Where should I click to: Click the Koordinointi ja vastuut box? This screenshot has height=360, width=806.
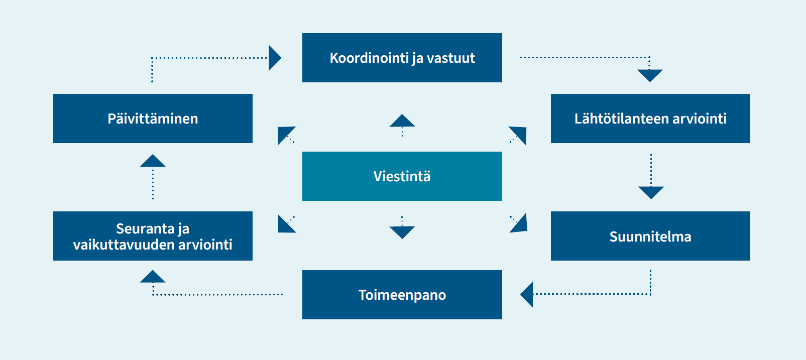pos(402,58)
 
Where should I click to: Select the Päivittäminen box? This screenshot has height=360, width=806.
pos(153,118)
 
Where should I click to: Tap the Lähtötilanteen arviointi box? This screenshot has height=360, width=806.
pos(650,118)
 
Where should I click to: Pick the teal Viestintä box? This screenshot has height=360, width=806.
pos(402,176)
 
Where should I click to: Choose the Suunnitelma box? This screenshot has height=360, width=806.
pos(650,236)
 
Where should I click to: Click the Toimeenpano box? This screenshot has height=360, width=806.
pos(402,295)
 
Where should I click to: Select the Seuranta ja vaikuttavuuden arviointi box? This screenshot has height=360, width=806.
pos(153,236)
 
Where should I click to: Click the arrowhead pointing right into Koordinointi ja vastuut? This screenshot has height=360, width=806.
pos(275,58)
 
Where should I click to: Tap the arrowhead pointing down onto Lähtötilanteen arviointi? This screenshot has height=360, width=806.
pos(650,75)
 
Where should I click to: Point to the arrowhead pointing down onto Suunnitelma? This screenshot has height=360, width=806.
pos(651,193)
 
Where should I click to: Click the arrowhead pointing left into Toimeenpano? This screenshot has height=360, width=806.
pos(527,295)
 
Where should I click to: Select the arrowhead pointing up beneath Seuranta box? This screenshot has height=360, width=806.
pos(153,276)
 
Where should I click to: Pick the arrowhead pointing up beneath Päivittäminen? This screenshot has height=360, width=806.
pos(153,160)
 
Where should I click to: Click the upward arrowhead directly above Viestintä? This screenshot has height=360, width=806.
pos(402,121)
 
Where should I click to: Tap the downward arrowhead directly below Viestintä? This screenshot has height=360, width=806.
pos(402,232)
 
